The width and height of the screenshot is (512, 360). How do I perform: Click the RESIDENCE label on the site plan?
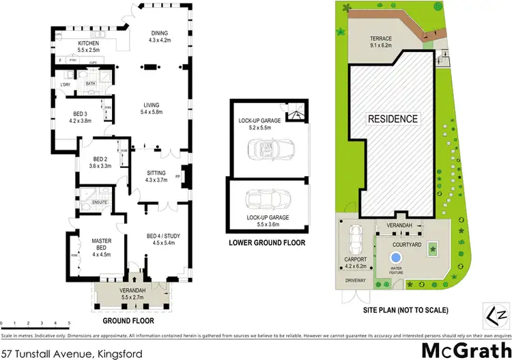(393, 119)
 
